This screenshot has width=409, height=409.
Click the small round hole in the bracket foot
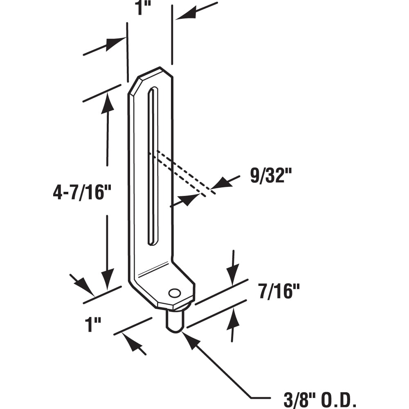174,293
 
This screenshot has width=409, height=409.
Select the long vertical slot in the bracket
153,164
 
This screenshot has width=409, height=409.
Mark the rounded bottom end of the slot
152,242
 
